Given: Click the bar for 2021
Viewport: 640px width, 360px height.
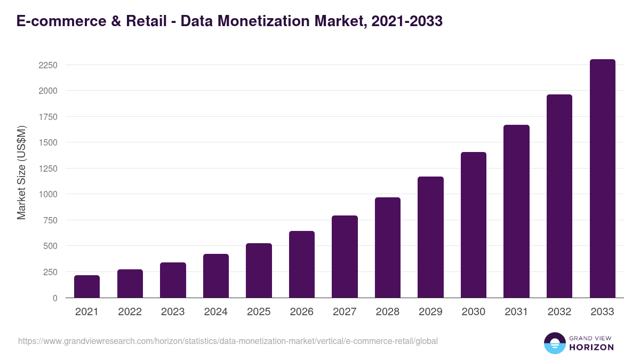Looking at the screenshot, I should [87, 286].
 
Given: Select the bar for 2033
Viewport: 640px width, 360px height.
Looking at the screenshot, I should [602, 178].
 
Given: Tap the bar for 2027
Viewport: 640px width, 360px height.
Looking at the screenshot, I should [345, 257].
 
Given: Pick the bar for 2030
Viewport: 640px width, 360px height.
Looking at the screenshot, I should [474, 225].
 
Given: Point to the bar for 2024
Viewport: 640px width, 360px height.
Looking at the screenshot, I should [216, 276].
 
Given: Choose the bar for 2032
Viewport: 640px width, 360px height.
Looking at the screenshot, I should [559, 196].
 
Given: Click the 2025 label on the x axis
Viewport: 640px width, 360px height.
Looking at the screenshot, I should [259, 312].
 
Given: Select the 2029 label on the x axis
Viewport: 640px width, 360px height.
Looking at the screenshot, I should [430, 312].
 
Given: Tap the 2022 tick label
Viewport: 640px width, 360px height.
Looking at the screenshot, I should [130, 312].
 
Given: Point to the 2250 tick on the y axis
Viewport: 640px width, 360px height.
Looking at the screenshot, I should [48, 65].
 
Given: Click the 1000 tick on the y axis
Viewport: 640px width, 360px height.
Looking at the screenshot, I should [48, 194].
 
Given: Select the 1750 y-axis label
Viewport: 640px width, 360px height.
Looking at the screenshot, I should [48, 117].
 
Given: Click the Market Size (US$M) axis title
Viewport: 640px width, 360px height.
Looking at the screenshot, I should [21, 172].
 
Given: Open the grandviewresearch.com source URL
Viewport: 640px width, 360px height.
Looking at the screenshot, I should [228, 341].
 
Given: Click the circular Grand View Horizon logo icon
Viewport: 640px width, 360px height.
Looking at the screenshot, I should [554, 343].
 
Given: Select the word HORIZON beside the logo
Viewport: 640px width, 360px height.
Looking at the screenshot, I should [592, 347].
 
